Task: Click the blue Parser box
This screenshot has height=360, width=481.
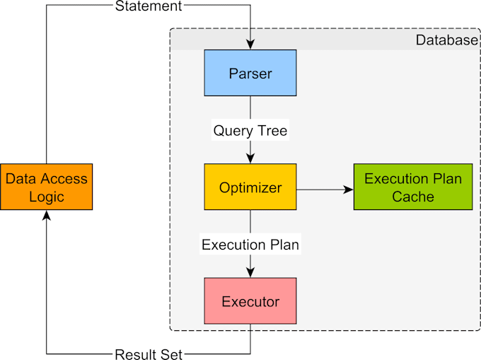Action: click(x=250, y=74)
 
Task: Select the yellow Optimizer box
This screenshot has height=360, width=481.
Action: click(x=250, y=187)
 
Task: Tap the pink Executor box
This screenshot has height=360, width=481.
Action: click(x=250, y=302)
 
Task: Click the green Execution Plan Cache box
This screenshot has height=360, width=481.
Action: click(x=413, y=187)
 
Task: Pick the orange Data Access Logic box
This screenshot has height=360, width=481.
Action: click(x=46, y=187)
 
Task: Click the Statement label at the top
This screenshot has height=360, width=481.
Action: click(x=149, y=6)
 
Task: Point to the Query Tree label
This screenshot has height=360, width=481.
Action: click(x=250, y=131)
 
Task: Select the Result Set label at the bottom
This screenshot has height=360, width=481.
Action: click(x=149, y=353)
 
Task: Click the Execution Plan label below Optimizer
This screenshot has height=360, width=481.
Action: click(x=250, y=245)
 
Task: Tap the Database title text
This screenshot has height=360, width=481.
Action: click(x=446, y=40)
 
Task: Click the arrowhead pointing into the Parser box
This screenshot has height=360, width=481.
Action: click(x=250, y=45)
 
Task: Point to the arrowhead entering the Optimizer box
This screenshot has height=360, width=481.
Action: click(x=250, y=159)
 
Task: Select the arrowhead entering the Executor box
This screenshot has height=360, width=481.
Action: click(x=250, y=273)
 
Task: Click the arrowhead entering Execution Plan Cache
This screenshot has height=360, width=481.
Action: click(x=349, y=190)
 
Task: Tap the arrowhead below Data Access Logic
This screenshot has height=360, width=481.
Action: click(x=46, y=216)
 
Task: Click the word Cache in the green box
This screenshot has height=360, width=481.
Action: click(x=413, y=197)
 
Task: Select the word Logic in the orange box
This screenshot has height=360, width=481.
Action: click(x=46, y=197)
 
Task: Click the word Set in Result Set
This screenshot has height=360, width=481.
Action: click(x=170, y=353)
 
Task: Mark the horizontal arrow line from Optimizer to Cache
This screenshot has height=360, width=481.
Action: click(x=322, y=190)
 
